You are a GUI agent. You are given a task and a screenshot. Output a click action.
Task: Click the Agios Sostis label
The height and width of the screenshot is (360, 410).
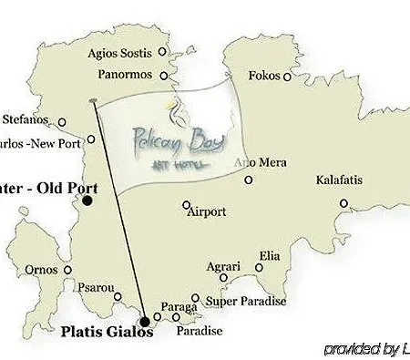point(119,51)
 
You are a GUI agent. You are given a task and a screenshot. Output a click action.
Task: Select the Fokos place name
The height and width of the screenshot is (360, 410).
point(265,77)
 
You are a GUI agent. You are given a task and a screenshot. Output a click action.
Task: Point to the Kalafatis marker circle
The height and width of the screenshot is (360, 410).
point(343,202)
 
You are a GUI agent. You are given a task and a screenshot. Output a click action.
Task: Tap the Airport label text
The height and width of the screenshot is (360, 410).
point(206,211)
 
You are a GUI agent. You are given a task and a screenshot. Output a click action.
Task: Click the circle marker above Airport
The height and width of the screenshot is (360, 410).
point(186,205)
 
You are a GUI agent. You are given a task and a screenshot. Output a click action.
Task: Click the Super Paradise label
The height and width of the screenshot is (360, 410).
point(246,301)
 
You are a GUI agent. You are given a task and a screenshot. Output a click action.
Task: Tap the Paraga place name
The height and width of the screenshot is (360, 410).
point(178,307)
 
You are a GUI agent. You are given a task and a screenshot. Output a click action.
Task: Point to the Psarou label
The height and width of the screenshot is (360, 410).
point(96,289)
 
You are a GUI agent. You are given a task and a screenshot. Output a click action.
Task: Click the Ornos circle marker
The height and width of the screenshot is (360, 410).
point(67,270)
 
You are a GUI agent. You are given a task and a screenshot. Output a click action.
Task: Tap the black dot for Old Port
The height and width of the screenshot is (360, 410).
point(87,200)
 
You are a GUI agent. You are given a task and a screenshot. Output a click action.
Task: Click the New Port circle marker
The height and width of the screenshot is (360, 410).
point(91,141)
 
